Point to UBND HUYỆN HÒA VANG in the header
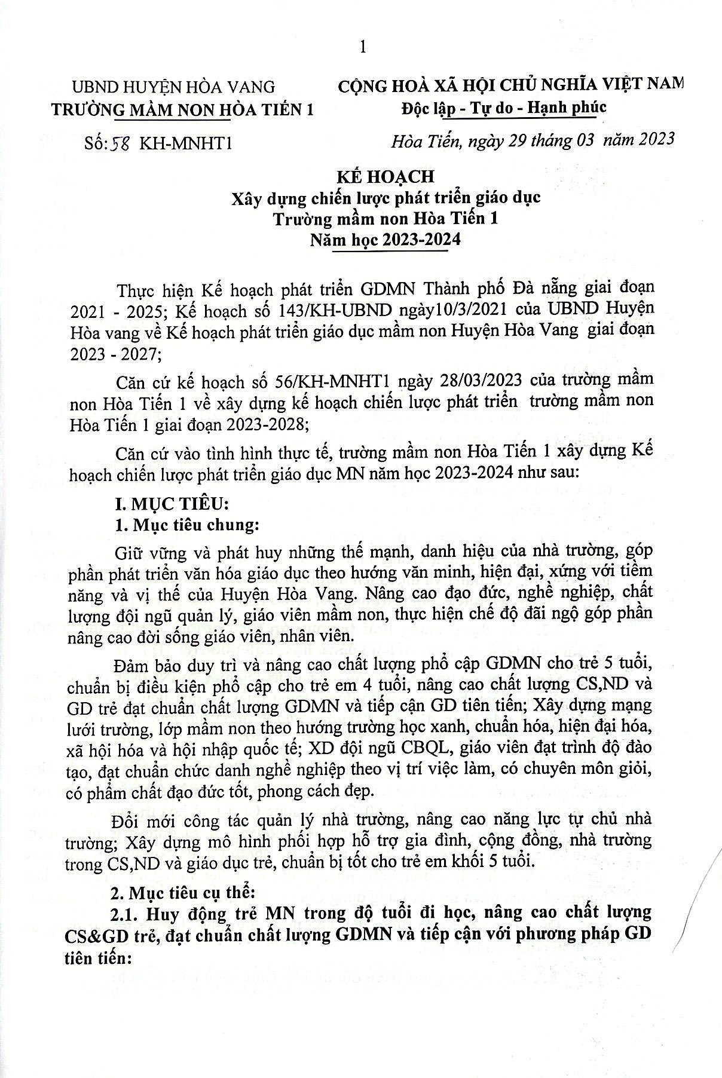coord(173,87)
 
